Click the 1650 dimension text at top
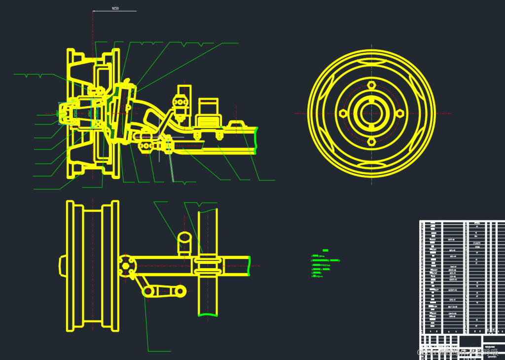(115, 8)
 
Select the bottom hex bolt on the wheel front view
(371, 142)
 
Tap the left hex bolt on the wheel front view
(343, 113)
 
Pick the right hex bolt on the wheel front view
(400, 113)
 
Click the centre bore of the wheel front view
(371, 113)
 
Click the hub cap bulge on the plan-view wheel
(62, 266)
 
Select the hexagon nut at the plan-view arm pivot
(126, 266)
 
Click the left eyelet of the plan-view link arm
(148, 291)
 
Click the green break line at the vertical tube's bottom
(208, 314)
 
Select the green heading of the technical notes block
(325, 250)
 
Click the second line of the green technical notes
(325, 260)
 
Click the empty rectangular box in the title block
(470, 341)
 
